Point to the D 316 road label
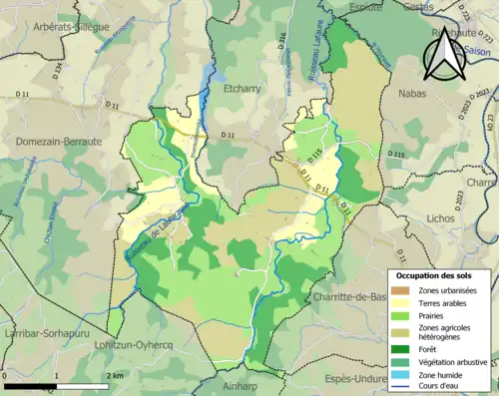282,43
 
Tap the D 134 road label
58,71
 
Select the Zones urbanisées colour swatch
401,290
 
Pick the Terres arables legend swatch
401,302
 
